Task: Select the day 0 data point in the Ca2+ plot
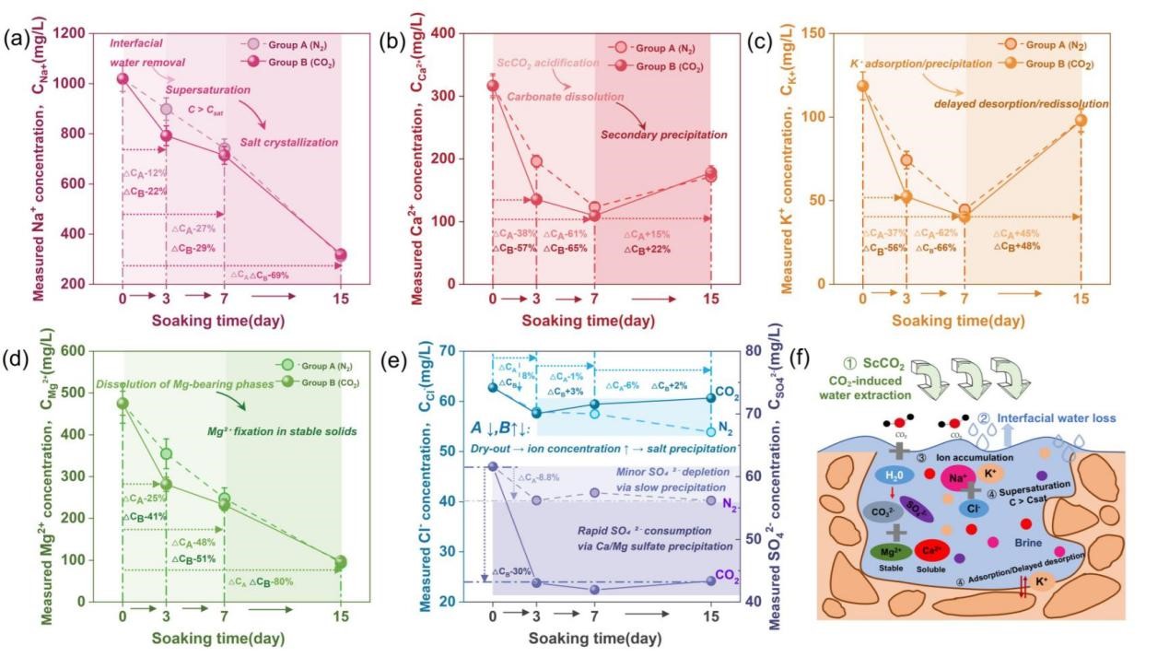tap(493, 86)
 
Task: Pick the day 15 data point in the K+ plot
tap(1081, 120)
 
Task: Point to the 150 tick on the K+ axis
tap(836, 34)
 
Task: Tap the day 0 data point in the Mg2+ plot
tap(123, 404)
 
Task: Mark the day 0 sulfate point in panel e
tap(493, 466)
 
